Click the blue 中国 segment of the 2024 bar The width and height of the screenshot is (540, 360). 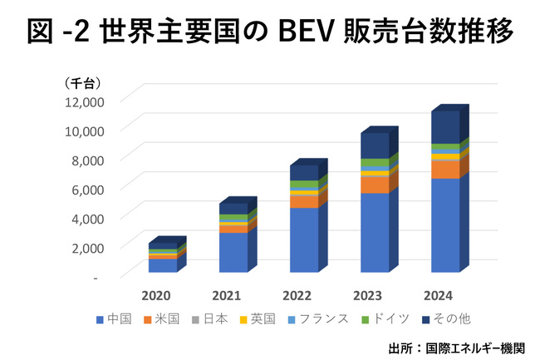(x=445, y=224)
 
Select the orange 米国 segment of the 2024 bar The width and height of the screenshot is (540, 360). (x=445, y=169)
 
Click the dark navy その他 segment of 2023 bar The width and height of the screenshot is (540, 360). (x=374, y=145)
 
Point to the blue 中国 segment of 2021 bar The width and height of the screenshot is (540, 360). (x=233, y=251)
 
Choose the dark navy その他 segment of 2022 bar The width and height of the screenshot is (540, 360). (x=304, y=172)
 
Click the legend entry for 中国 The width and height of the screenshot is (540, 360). (x=115, y=318)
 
